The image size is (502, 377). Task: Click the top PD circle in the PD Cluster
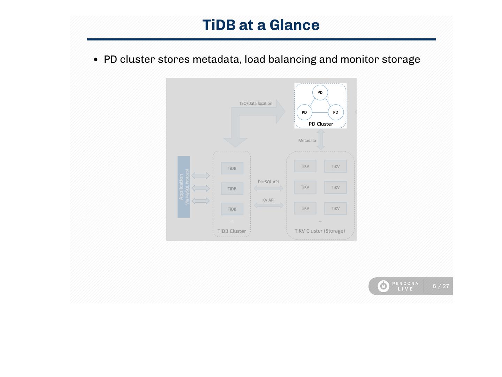(x=320, y=93)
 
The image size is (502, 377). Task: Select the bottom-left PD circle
(x=304, y=112)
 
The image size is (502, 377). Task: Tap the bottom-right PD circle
(x=336, y=112)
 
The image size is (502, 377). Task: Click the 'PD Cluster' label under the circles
(x=321, y=124)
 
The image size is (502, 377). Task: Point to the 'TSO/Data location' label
(x=256, y=104)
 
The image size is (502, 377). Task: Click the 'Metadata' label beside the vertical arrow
(x=307, y=141)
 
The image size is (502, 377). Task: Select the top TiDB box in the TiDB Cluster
(x=232, y=168)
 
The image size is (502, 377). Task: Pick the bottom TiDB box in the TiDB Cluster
(x=232, y=209)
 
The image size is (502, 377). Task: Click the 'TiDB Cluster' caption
(x=231, y=231)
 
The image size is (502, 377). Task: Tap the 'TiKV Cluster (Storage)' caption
(x=320, y=231)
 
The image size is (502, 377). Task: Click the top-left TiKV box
(x=305, y=166)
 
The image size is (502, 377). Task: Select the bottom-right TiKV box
(x=335, y=209)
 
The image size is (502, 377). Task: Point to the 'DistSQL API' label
(x=268, y=182)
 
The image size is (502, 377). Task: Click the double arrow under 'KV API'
(x=269, y=205)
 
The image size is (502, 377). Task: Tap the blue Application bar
(x=184, y=187)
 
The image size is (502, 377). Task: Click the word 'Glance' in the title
(x=294, y=25)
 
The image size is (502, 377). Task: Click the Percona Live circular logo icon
(x=383, y=286)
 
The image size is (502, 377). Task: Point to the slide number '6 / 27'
(x=441, y=286)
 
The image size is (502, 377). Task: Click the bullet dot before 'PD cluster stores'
(x=96, y=60)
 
